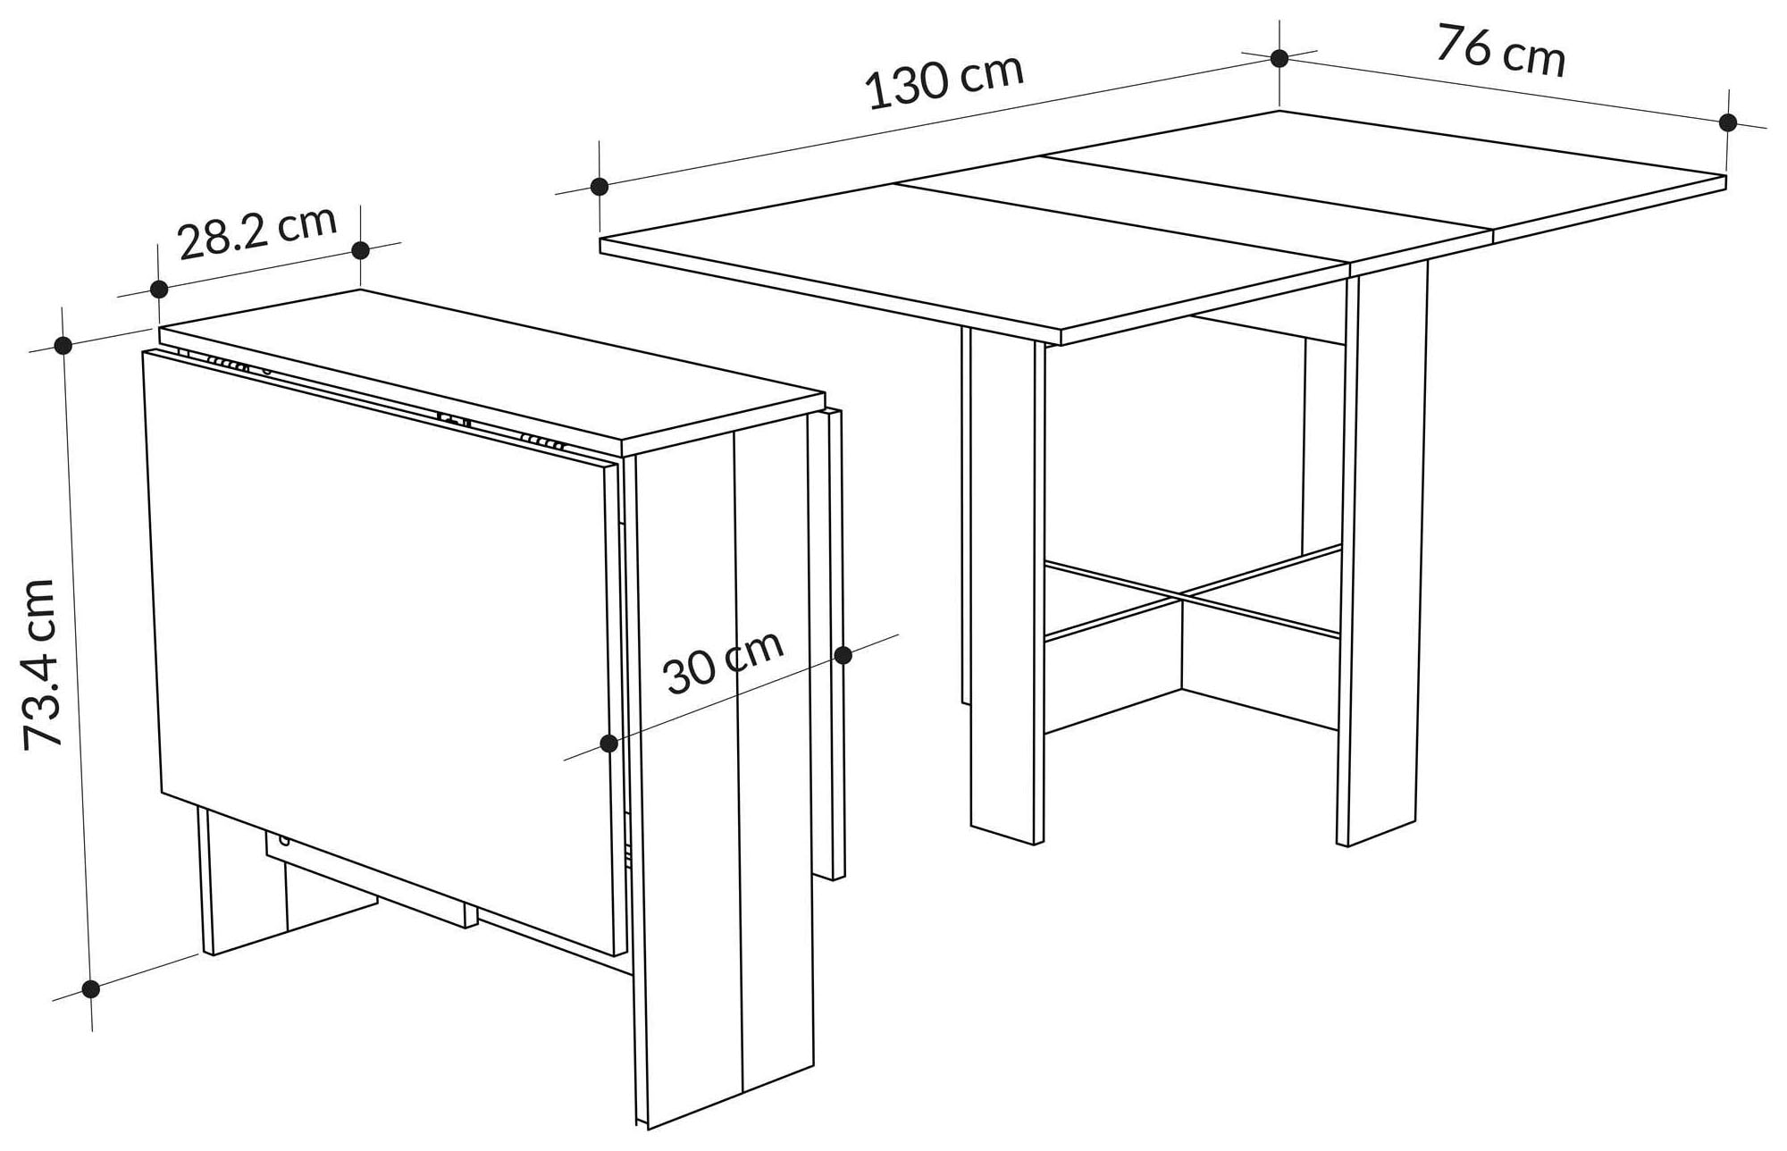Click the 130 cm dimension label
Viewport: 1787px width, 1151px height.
(x=944, y=82)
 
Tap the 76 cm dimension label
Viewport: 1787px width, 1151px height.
(x=1501, y=52)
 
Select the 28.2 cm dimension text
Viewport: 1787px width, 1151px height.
(x=257, y=231)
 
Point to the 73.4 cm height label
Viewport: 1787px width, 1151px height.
(x=39, y=664)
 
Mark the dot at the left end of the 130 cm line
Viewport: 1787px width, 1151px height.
(x=600, y=187)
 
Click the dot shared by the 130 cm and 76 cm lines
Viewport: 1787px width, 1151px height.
(x=1279, y=58)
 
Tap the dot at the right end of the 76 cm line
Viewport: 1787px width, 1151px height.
(x=1728, y=122)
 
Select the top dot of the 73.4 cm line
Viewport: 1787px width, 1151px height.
(x=63, y=345)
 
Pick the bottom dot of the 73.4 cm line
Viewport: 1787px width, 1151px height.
(x=90, y=988)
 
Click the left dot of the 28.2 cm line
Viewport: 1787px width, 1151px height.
(x=159, y=289)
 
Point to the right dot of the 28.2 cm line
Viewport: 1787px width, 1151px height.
(x=361, y=250)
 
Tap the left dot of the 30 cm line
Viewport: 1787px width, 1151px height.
(x=609, y=744)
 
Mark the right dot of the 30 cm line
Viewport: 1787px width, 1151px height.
(x=843, y=656)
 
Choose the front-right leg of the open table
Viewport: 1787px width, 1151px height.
(x=1380, y=554)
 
